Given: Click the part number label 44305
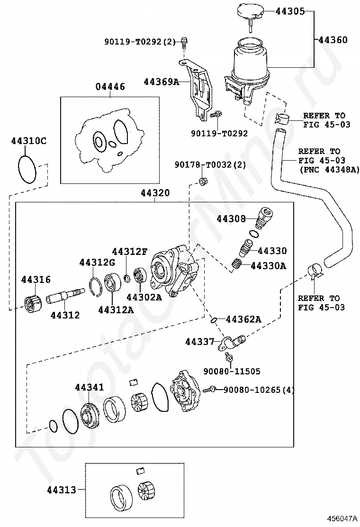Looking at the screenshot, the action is pyautogui.click(x=290, y=11).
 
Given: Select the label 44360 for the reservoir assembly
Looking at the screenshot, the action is pyautogui.click(x=333, y=40).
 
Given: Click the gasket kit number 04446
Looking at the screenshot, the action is pyautogui.click(x=110, y=87).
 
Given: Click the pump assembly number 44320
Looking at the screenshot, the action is pyautogui.click(x=155, y=193).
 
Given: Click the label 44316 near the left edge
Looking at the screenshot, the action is pyautogui.click(x=36, y=279).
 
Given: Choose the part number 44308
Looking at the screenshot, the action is pyautogui.click(x=231, y=219).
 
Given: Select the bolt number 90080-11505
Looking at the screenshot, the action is pyautogui.click(x=232, y=372).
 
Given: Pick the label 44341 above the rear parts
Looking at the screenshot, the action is pyautogui.click(x=90, y=387).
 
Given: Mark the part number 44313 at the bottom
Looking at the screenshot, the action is pyautogui.click(x=62, y=491).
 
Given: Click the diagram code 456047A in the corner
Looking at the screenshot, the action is pyautogui.click(x=342, y=518).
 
